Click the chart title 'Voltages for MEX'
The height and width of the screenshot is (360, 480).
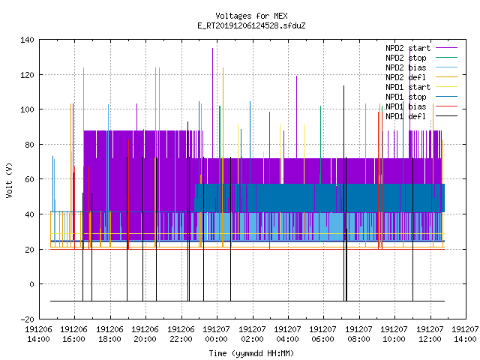[251, 16]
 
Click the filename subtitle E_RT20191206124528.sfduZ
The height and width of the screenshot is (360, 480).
[251, 25]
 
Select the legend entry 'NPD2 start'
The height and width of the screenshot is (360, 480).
[408, 48]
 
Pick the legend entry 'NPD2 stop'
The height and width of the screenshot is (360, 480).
[406, 58]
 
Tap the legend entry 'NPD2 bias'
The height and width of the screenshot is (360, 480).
[406, 67]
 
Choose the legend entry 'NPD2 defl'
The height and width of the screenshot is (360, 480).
[406, 77]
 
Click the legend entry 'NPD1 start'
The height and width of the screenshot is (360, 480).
[408, 87]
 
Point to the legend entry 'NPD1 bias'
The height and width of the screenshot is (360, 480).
[406, 106]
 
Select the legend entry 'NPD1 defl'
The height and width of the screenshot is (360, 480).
[406, 116]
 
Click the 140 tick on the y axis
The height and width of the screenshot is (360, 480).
[27, 40]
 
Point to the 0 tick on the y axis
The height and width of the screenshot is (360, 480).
[31, 284]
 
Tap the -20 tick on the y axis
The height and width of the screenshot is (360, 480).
[27, 319]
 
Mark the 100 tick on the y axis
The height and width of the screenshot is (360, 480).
[27, 109]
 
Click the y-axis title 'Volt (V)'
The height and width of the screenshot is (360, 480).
[9, 180]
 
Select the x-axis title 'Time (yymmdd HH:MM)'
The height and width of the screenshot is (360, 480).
[251, 353]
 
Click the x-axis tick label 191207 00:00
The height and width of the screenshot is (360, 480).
[217, 334]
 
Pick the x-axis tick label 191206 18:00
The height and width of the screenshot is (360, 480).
[110, 334]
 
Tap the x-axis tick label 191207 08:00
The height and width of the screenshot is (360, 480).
[358, 334]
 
